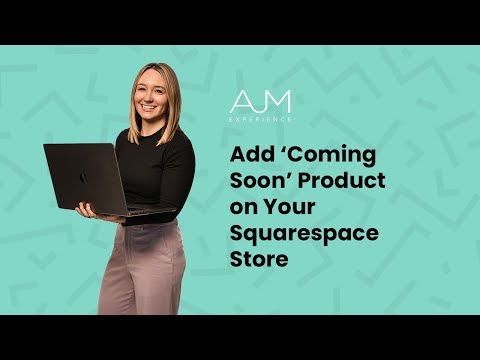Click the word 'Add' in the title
tap(249, 158)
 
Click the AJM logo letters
tap(261, 102)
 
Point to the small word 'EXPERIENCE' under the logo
tap(261, 119)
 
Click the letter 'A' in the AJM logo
tap(240, 102)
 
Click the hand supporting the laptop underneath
tap(87, 211)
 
